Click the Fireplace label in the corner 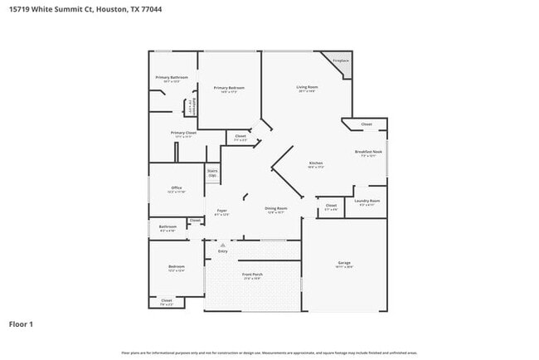tap(340, 61)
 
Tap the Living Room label tap(308, 86)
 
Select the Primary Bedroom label tap(228, 87)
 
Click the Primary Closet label tap(183, 133)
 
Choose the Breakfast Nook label tap(368, 152)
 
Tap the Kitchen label tap(316, 163)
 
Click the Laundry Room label tap(367, 201)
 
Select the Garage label tap(344, 263)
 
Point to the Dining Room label tap(275, 208)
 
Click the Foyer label tap(222, 210)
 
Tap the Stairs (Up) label tap(212, 173)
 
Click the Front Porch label tap(252, 275)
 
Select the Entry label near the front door tap(222, 251)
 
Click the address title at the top tap(65, 9)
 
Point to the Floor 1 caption tap(22, 324)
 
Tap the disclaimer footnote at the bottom tap(269, 353)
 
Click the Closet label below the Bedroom tap(167, 300)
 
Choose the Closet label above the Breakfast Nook tap(367, 124)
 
